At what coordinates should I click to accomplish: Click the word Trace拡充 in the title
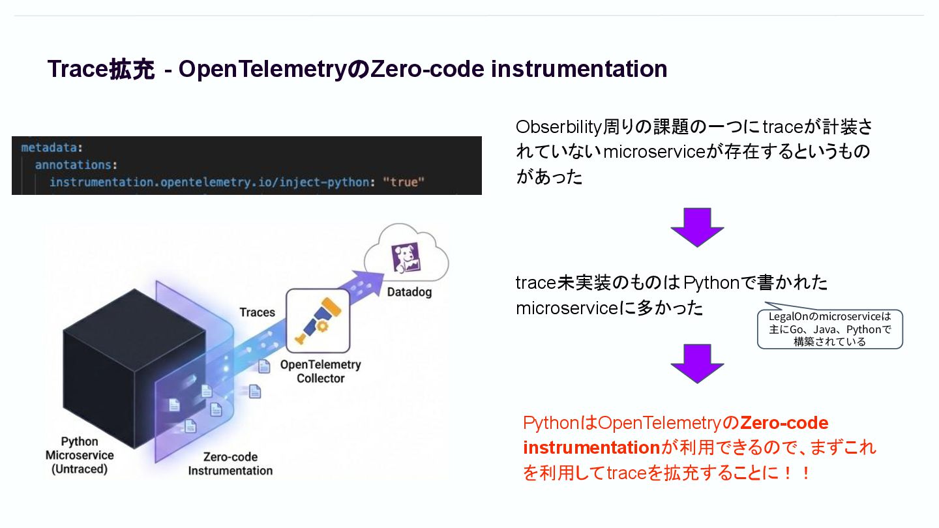click(x=100, y=69)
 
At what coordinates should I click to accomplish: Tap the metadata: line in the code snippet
click(x=53, y=148)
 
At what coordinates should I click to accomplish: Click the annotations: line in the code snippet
click(x=76, y=165)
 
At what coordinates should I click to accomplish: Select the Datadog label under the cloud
click(x=410, y=292)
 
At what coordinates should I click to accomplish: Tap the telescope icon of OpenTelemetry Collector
click(x=318, y=321)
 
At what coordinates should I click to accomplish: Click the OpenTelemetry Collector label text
click(x=320, y=371)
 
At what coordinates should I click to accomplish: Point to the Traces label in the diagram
click(x=258, y=312)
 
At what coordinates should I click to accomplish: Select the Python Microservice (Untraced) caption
click(x=80, y=455)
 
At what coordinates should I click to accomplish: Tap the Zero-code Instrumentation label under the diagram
click(x=230, y=463)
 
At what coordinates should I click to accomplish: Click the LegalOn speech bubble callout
click(x=829, y=329)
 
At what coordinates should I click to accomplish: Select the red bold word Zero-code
click(x=784, y=423)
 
